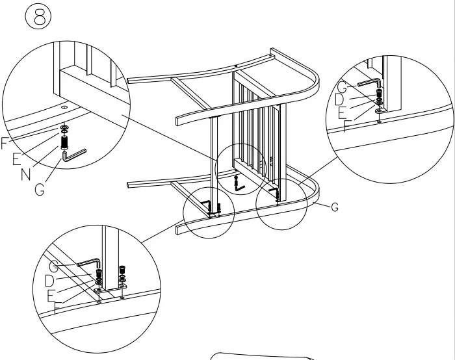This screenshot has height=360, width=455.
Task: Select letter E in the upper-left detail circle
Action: point(17,158)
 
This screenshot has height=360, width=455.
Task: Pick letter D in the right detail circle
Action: point(339,99)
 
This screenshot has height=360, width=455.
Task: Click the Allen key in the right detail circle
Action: point(369,84)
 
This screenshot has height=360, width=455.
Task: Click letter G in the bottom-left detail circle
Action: point(55,266)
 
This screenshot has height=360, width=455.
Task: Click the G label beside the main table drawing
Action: point(335,207)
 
